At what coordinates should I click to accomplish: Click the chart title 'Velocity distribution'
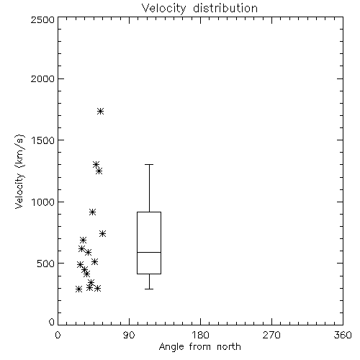coord(199,9)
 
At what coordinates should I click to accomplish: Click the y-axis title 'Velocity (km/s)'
coord(19,171)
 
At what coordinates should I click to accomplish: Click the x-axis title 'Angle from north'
coord(199,347)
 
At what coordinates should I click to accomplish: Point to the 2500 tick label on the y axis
coord(42,19)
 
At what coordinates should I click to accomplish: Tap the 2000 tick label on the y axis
coord(42,78)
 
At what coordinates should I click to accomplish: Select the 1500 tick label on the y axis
coord(43,140)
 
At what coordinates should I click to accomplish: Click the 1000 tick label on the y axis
coord(43,202)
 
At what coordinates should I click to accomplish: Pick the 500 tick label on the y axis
coord(46,264)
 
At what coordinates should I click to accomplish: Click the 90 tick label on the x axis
coord(129,335)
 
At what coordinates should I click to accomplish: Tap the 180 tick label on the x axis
coord(200,335)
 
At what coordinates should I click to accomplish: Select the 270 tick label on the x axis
coord(271,335)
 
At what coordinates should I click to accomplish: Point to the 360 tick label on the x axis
coord(343,335)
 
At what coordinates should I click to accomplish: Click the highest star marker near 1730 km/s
coord(100,111)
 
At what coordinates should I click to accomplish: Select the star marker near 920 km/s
coord(93,212)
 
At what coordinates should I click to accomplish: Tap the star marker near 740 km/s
coord(102,233)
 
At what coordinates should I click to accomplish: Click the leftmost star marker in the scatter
coord(78,289)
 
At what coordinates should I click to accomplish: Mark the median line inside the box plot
coord(149,252)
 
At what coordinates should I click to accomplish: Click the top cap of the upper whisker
coord(149,164)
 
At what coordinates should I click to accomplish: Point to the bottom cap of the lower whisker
coord(149,289)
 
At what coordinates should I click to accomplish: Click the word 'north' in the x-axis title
coord(229,347)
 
